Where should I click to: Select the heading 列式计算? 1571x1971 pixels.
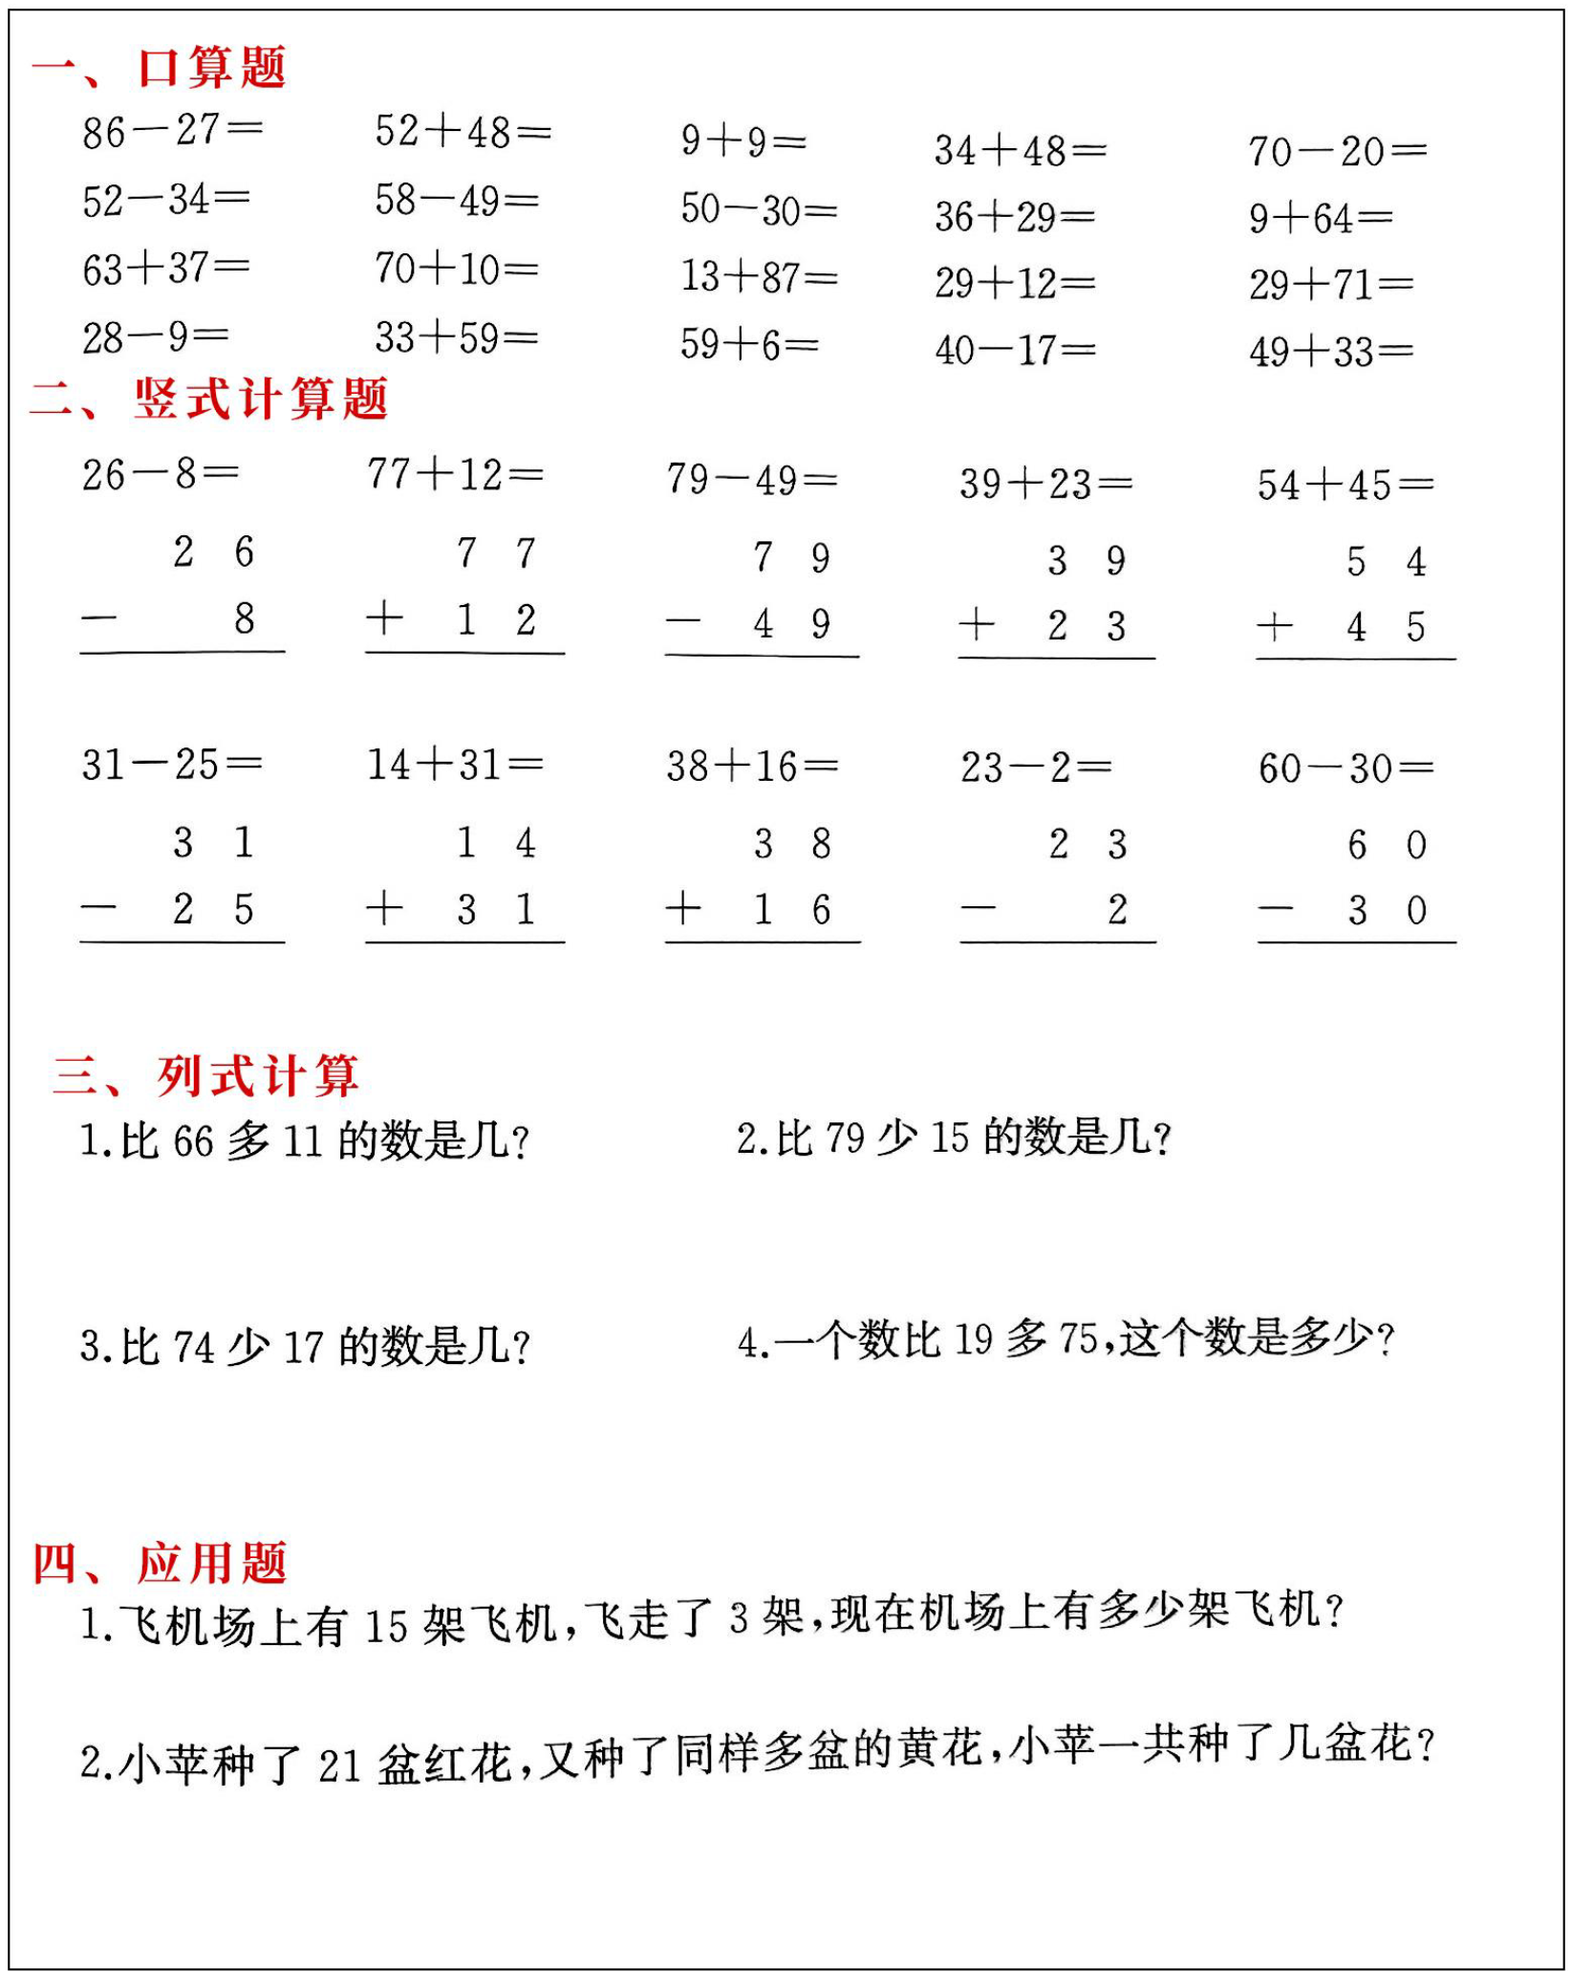point(257,1075)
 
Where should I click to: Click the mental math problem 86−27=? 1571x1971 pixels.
point(172,131)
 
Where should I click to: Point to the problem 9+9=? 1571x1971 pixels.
point(743,141)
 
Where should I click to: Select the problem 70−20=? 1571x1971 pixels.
point(1337,151)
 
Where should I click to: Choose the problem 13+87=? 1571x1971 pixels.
point(759,277)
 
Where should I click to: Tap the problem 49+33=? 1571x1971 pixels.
point(1331,352)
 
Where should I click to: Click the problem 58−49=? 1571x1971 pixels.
point(457,201)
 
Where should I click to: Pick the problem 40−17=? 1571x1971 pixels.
point(1015,351)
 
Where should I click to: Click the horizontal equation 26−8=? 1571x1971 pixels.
point(160,474)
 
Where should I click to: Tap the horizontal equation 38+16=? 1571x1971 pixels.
point(752,766)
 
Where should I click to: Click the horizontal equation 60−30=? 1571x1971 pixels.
point(1345,768)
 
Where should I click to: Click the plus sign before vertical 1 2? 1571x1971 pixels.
point(384,618)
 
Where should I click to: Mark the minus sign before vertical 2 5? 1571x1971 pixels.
point(98,909)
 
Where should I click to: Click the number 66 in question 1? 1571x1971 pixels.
point(193,1141)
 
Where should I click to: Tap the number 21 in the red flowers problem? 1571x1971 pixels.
point(339,1765)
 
